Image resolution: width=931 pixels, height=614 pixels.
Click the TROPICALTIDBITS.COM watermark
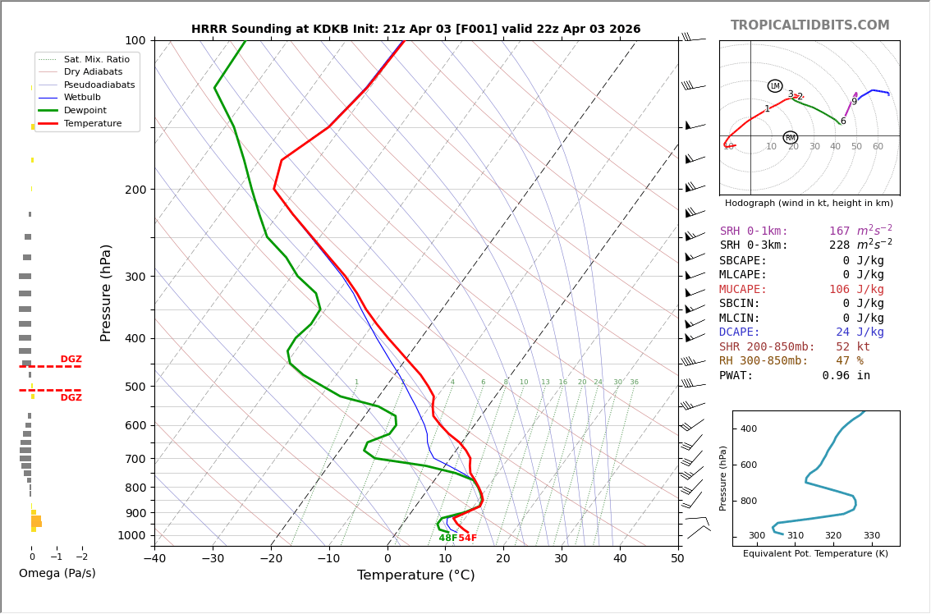click(809, 25)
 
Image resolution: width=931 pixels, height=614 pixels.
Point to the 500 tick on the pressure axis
click(135, 387)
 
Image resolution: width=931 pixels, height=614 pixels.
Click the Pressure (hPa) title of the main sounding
click(107, 292)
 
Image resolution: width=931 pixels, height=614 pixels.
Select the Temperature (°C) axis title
click(415, 575)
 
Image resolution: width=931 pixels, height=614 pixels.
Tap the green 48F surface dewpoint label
click(447, 538)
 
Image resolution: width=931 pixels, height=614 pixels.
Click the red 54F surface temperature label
click(467, 538)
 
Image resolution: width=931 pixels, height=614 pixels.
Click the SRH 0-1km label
click(754, 231)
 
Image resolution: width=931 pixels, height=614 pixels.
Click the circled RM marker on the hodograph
click(790, 138)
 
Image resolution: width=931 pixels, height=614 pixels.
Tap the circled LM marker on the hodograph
click(775, 86)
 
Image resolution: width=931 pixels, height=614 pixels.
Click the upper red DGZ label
click(71, 360)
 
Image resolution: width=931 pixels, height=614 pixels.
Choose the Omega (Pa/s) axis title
click(57, 573)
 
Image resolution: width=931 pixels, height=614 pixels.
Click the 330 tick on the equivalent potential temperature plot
click(871, 536)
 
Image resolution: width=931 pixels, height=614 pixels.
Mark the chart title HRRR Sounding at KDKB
click(415, 30)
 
